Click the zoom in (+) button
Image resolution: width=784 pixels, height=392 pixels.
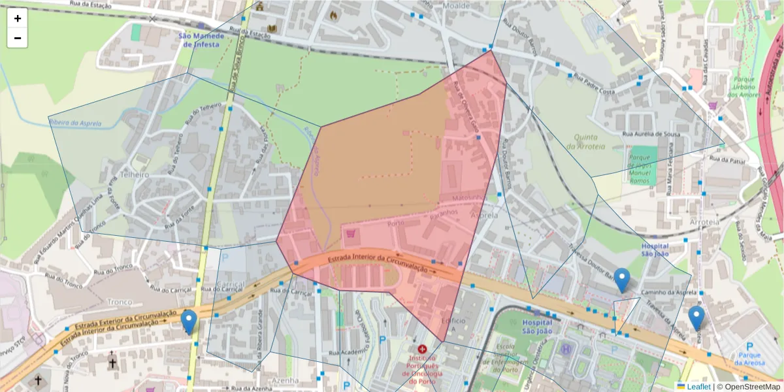click(18, 18)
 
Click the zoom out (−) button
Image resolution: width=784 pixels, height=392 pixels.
click(18, 38)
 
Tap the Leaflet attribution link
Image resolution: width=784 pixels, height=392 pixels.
click(698, 387)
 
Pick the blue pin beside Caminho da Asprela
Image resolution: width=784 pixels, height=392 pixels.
click(623, 280)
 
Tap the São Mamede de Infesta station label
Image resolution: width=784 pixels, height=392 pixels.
click(203, 40)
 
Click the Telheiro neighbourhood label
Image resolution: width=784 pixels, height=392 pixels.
click(135, 175)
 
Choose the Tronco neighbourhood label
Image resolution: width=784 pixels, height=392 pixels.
click(120, 301)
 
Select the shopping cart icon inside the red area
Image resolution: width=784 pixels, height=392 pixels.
click(351, 233)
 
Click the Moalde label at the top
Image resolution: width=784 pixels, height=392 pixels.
click(456, 5)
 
